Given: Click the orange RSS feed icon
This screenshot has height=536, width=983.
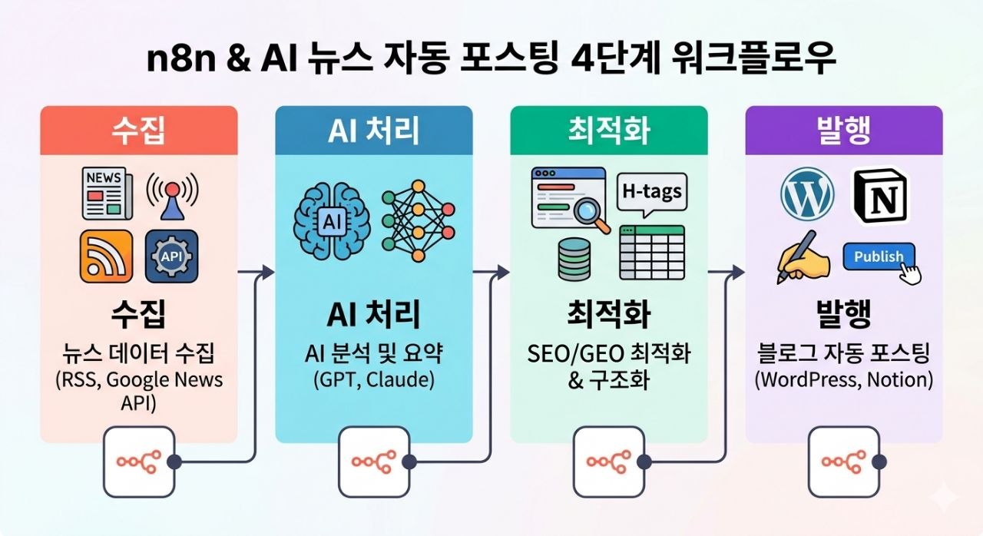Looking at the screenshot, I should tap(106, 256).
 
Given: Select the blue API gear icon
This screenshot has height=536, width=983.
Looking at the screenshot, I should tap(171, 256).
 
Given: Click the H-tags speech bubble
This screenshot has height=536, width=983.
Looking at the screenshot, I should tap(652, 191).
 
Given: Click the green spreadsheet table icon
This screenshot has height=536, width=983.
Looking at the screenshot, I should tap(652, 251).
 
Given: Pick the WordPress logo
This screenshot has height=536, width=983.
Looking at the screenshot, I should tap(807, 194).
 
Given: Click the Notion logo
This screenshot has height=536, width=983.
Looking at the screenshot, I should tap(880, 196).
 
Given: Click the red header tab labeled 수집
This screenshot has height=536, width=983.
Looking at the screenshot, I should tap(139, 131).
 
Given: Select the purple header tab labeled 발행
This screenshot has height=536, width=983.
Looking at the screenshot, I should tap(844, 131).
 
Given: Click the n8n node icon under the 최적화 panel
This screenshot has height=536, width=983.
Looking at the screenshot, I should tap(608, 462).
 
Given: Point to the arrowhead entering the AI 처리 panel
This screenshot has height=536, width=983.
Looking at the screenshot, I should tap(268, 271).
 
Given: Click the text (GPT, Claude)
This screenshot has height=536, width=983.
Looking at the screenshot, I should tap(373, 379).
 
